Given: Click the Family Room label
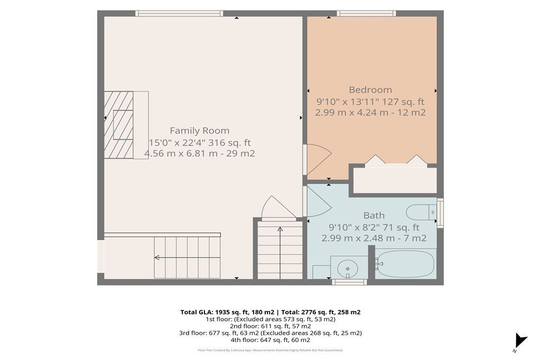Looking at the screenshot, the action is coord(199,131).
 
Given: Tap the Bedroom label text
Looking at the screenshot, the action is coord(370,90).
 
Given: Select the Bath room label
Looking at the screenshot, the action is coord(374,215).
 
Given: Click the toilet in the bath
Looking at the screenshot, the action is coord(422,212).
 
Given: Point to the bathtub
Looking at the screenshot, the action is coord(404,263).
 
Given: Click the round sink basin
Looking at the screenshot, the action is coord(348,268).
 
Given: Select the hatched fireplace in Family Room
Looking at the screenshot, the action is coord(119,125).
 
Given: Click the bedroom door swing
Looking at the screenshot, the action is coord(319,159).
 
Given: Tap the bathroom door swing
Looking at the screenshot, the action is coord(319,202).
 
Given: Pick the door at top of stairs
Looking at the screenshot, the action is coord(279,208).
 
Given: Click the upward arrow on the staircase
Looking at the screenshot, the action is coord(280,252).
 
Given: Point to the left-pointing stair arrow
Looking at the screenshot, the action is coord(187,258).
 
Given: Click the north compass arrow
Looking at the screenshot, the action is coord(520,340).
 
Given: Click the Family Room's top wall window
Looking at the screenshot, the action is coord(179,13).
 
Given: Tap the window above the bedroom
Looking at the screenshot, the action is coord(366,13).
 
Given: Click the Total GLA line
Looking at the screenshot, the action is coord(270,312).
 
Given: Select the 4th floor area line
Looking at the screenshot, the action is coord(270,340).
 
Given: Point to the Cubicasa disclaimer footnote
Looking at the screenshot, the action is coord(270,350).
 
